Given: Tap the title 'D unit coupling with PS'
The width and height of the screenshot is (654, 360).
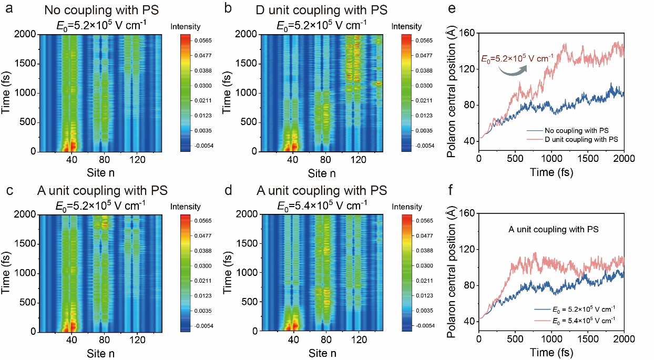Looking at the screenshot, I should tap(315, 10).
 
